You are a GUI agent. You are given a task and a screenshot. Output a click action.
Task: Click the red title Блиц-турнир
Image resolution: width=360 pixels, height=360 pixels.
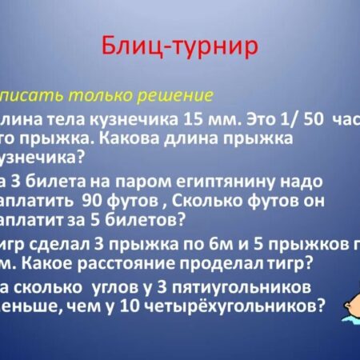tap(179, 46)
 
